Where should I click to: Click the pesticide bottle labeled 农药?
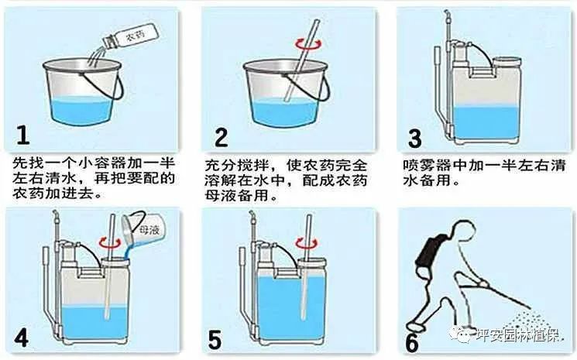point(130,36)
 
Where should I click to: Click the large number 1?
point(22,135)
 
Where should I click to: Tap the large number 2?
point(222,137)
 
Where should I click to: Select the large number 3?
point(414,139)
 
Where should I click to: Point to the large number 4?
point(22,338)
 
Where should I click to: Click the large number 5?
point(215,340)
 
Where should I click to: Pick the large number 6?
point(412,343)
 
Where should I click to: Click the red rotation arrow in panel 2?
point(308,44)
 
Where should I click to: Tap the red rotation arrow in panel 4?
point(110,242)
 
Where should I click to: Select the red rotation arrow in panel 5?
point(307,242)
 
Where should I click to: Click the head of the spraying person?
point(460,235)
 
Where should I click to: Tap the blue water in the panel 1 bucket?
point(81,111)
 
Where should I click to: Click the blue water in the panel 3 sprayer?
point(486,123)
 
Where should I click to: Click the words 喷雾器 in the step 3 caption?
point(428,165)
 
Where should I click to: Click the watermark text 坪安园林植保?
point(518,335)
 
